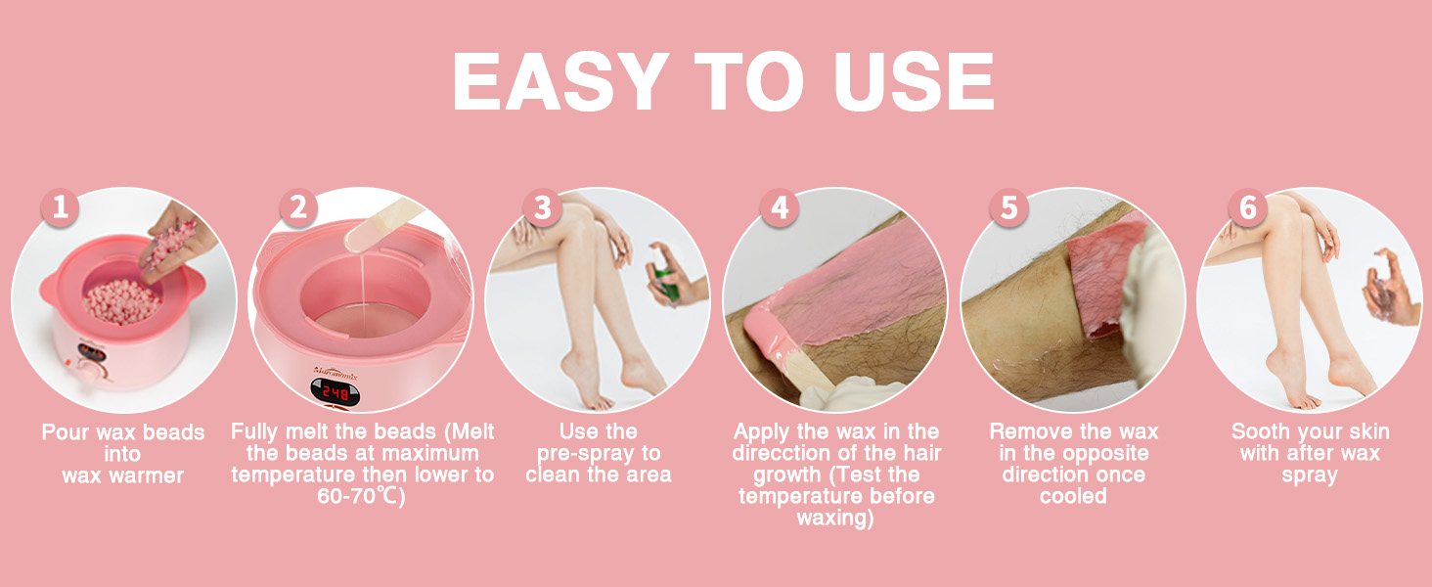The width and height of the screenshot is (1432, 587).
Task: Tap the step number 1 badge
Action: click(61, 207)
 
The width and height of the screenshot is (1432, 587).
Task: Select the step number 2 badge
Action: click(298, 207)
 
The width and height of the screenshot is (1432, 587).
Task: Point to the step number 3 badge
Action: click(542, 207)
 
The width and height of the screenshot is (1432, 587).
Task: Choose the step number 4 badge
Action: click(780, 207)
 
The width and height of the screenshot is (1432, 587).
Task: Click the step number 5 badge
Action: click(1008, 207)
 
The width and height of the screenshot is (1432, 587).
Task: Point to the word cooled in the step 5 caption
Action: click(1073, 496)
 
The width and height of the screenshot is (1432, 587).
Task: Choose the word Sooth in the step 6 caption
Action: click(1260, 431)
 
